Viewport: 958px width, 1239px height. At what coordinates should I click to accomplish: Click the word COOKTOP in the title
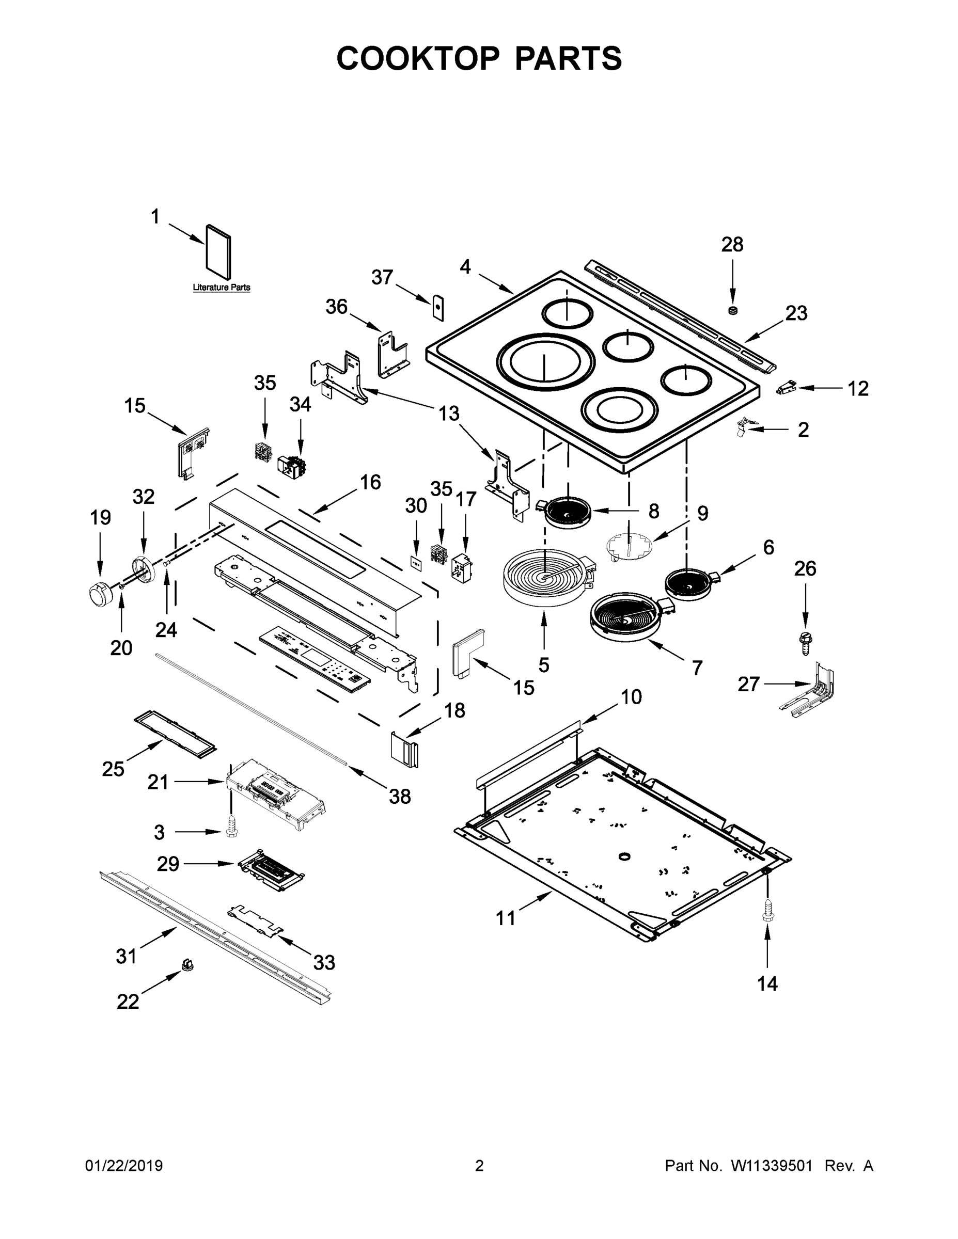418,58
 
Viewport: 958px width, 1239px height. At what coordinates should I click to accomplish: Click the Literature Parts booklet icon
218,253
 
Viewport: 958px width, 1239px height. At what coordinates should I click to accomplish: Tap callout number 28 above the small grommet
732,245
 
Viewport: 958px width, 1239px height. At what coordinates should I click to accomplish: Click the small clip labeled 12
786,388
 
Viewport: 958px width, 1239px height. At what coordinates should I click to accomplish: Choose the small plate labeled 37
438,308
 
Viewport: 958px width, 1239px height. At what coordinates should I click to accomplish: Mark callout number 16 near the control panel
370,482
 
